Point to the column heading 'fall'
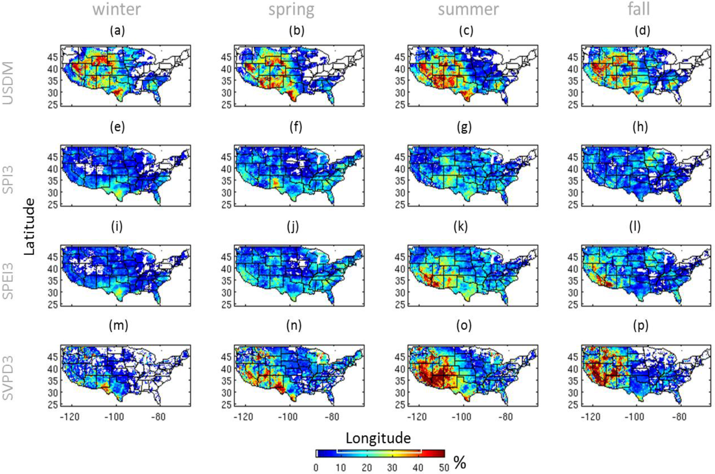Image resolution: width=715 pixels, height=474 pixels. tap(639, 9)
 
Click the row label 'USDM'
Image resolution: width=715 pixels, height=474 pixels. tap(8, 83)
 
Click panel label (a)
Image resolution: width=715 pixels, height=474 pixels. tap(117, 30)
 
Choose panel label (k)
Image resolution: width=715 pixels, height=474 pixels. tap(461, 226)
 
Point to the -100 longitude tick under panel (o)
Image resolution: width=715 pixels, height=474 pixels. tap(461, 417)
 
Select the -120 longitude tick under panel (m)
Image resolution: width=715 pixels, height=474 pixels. tap(70, 417)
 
